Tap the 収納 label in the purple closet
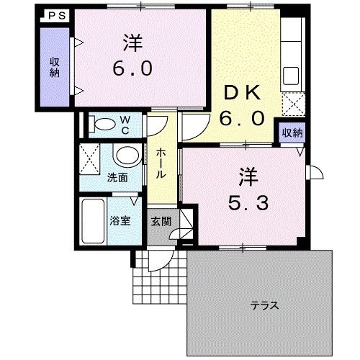click(54, 66)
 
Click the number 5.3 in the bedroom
click(249, 204)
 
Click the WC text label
click(125, 125)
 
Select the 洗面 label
click(117, 177)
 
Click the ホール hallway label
click(160, 165)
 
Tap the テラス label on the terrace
click(265, 305)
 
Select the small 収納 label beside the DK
click(292, 132)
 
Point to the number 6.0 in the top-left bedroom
click(132, 69)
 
